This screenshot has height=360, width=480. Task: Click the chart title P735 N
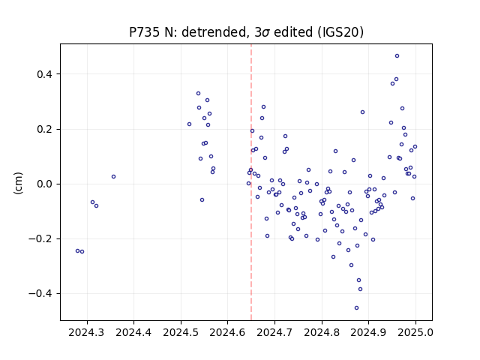pyautogui.click(x=246, y=32)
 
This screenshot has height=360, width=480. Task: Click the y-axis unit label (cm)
pyautogui.click(x=18, y=183)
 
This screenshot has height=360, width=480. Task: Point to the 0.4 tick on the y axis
pyautogui.click(x=45, y=74)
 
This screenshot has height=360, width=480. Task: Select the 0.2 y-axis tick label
pyautogui.click(x=45, y=129)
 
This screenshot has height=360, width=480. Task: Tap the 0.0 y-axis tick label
pyautogui.click(x=45, y=184)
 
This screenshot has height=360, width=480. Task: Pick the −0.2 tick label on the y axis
pyautogui.click(x=41, y=238)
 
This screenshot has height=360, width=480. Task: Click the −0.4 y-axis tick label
pyautogui.click(x=41, y=293)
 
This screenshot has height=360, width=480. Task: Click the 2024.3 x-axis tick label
pyautogui.click(x=87, y=332)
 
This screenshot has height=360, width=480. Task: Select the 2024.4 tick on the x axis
pyautogui.click(x=133, y=332)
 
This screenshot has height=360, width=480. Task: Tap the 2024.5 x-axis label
pyautogui.click(x=181, y=332)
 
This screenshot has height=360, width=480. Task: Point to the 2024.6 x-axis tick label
pyautogui.click(x=228, y=332)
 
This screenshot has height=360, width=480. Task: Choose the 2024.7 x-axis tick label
pyautogui.click(x=274, y=332)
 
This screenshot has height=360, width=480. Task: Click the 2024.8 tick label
pyautogui.click(x=322, y=332)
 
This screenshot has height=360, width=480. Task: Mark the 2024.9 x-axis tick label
pyautogui.click(x=368, y=332)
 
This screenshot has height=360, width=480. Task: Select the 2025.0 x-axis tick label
pyautogui.click(x=415, y=332)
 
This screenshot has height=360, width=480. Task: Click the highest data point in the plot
pyautogui.click(x=397, y=56)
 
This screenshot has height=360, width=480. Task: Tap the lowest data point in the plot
pyautogui.click(x=357, y=308)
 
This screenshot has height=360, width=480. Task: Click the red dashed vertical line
pyautogui.click(x=251, y=182)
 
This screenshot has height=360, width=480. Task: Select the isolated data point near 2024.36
pyautogui.click(x=113, y=177)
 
